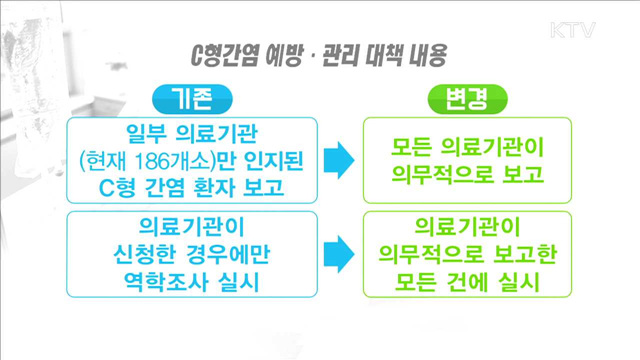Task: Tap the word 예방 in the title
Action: [x=285, y=53]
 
